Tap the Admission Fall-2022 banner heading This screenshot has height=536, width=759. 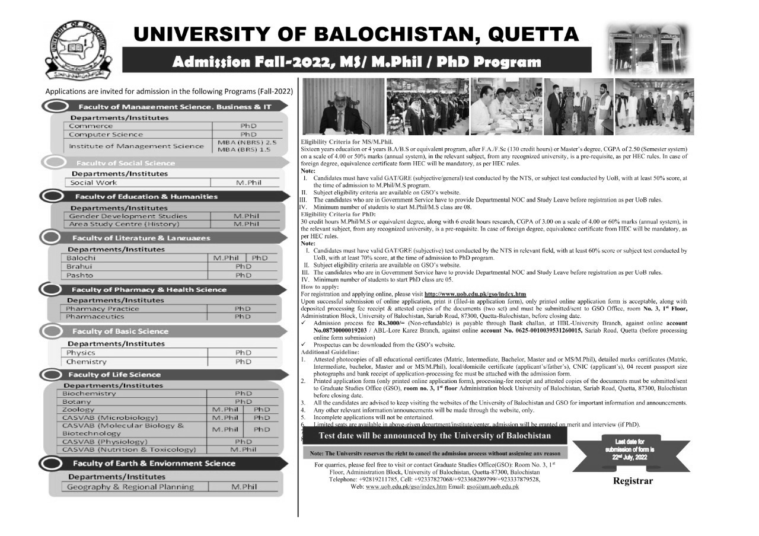tap(356, 62)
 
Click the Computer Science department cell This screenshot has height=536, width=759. tap(106, 135)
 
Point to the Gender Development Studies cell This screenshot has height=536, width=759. tap(127, 216)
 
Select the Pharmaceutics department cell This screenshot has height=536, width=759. tap(97, 317)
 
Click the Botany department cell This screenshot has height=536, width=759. tap(76, 401)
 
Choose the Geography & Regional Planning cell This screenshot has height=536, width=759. tap(130, 487)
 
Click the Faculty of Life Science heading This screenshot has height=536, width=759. tap(114, 375)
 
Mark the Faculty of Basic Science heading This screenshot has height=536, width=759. tap(120, 331)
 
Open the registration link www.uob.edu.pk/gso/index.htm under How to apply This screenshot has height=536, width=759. tap(475, 294)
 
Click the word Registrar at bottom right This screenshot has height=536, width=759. tap(633, 481)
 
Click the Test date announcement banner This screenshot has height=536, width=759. tap(435, 436)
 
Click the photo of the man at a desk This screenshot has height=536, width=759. tap(342, 107)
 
